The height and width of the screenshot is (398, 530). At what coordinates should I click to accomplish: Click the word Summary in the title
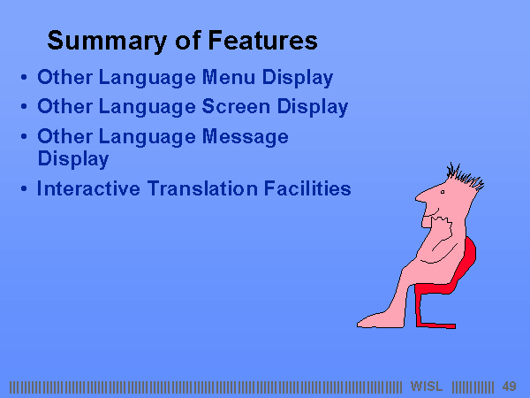107,41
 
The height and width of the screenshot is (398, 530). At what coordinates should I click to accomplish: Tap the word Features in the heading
262,41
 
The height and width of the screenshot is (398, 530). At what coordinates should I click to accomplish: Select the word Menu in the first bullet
229,77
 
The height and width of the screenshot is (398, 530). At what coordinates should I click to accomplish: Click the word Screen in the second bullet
236,106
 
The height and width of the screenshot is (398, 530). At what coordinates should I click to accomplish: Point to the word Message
245,137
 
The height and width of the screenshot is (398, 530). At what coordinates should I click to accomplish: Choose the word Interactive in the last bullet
88,188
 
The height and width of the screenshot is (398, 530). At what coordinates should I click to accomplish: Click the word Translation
202,188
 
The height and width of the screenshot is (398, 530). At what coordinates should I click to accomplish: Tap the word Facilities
307,188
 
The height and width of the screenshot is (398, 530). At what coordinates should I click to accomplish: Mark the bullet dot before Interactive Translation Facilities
24,188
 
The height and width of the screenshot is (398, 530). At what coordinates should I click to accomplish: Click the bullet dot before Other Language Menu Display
24,77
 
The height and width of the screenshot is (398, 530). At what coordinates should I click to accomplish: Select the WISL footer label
427,387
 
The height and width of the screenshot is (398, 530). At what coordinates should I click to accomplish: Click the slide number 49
509,387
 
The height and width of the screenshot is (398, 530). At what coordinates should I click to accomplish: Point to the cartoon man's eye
443,192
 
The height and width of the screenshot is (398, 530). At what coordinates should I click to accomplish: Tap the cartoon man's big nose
423,196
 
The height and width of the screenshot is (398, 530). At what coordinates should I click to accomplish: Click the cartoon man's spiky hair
465,175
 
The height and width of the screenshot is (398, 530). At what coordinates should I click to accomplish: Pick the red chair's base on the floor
436,325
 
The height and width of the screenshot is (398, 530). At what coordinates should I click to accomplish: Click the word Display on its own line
73,159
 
